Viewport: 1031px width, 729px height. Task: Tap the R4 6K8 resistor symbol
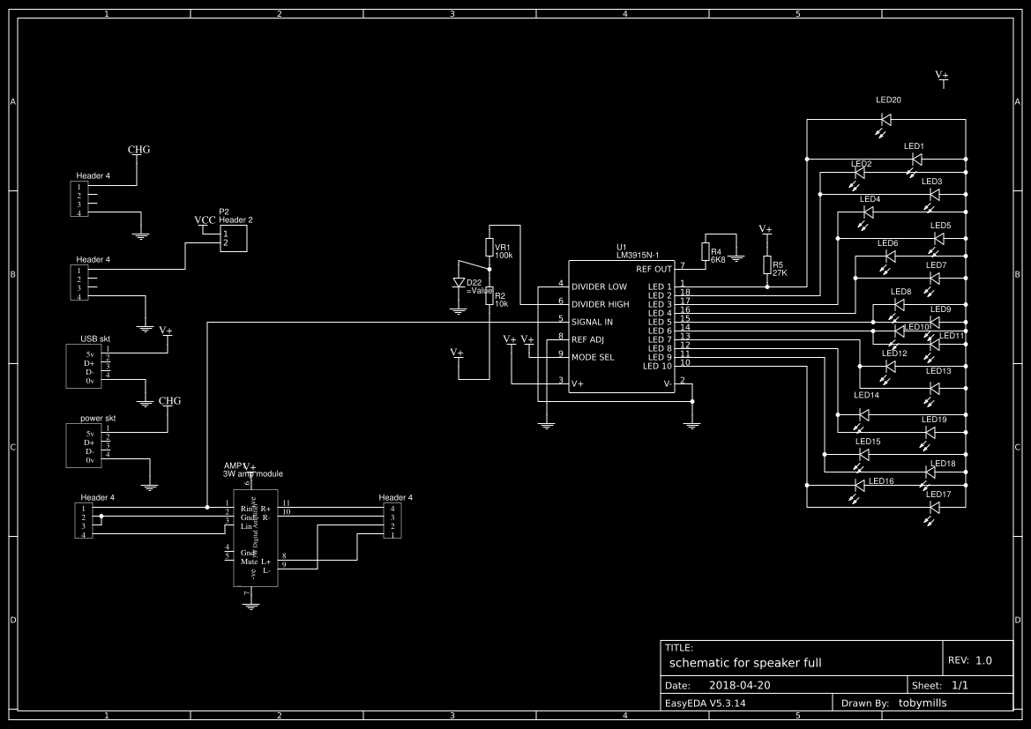pyautogui.click(x=705, y=251)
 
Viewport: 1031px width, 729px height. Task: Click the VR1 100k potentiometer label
pyautogui.click(x=503, y=250)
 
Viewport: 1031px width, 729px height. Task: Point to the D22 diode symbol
pyautogui.click(x=458, y=283)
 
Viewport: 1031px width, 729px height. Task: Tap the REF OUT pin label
pyautogui.click(x=654, y=269)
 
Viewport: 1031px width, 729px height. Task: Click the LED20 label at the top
pyautogui.click(x=888, y=100)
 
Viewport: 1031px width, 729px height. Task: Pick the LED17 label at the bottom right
pyautogui.click(x=938, y=495)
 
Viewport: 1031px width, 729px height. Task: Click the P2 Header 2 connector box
pyautogui.click(x=234, y=237)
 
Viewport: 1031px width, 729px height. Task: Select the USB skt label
pyautogui.click(x=95, y=338)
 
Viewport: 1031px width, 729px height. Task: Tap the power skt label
pyautogui.click(x=98, y=418)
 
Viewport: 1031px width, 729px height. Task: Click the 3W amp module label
pyautogui.click(x=253, y=473)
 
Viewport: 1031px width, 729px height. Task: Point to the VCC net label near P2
pyautogui.click(x=205, y=219)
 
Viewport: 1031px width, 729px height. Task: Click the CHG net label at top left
pyautogui.click(x=139, y=150)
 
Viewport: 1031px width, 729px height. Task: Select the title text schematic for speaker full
pyautogui.click(x=745, y=662)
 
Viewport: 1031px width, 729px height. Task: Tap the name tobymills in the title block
pyautogui.click(x=930, y=703)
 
